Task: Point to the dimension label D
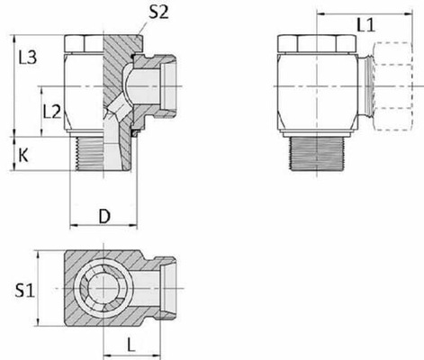104,215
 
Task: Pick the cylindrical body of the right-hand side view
320,90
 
